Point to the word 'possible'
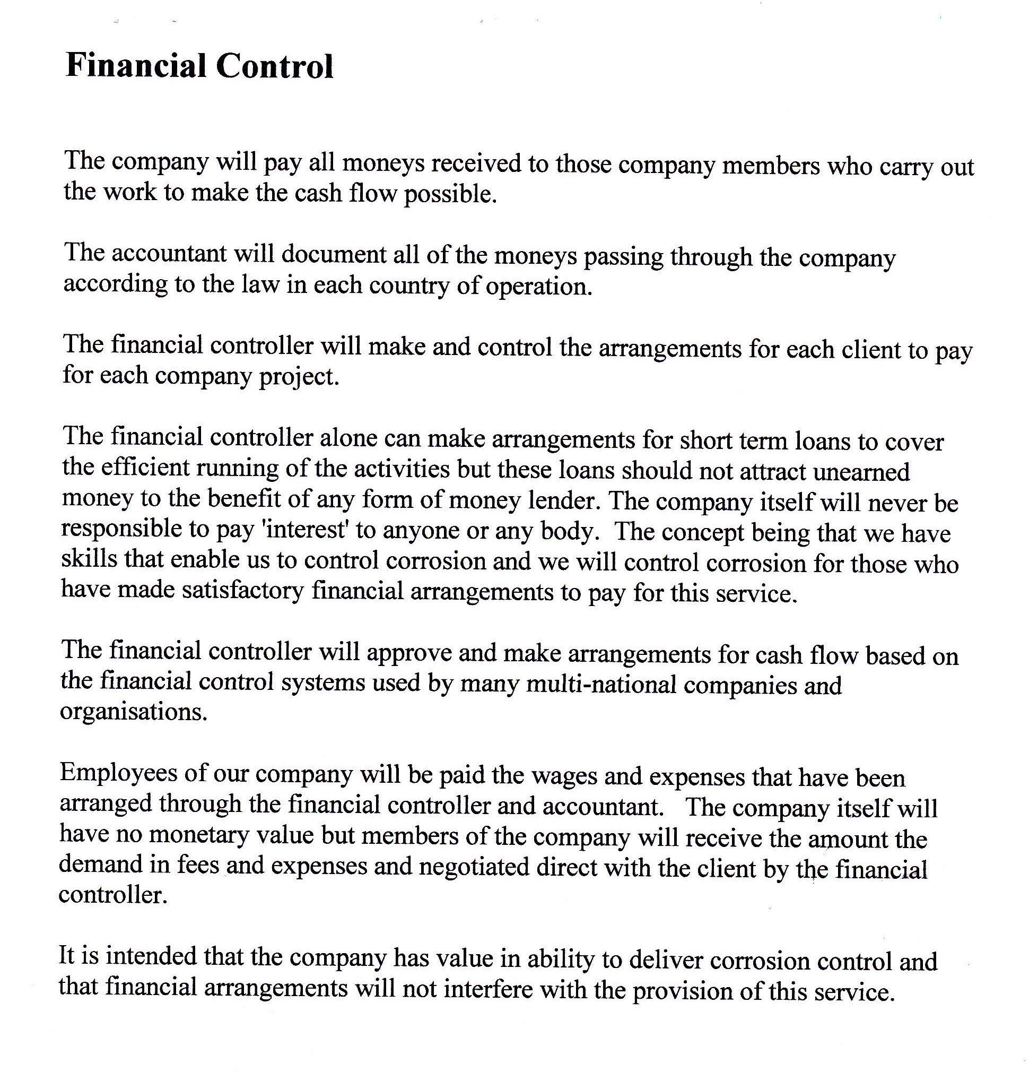[x=450, y=194]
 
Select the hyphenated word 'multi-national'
[x=601, y=684]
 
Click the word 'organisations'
[x=134, y=712]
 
